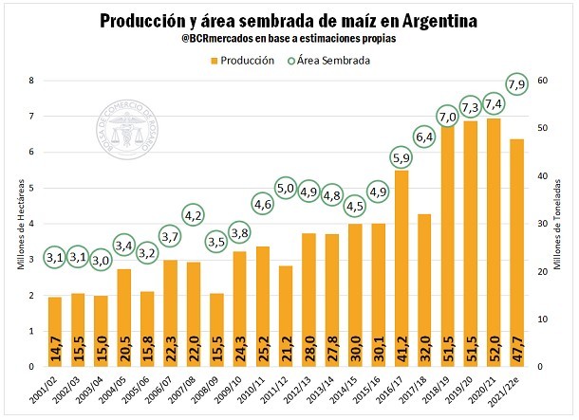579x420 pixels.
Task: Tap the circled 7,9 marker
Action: click(x=518, y=85)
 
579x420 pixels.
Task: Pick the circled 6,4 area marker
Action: click(x=424, y=137)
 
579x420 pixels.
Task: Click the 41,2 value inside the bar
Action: click(x=402, y=351)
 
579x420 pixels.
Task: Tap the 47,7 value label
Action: click(x=517, y=351)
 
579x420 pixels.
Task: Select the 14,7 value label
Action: click(x=55, y=351)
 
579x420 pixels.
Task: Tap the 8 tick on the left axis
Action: click(x=31, y=82)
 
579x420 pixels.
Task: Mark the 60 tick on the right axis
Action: click(x=543, y=82)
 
